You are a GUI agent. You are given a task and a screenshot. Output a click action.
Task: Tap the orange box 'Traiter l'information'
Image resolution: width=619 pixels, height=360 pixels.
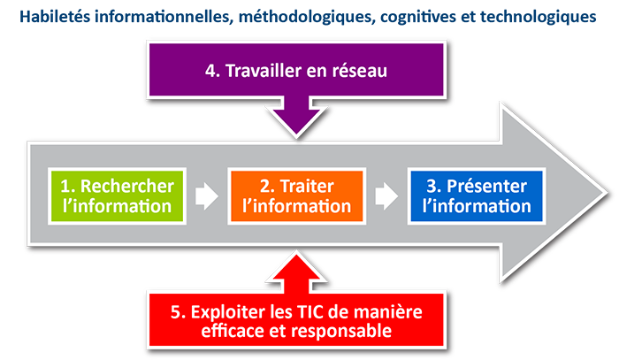point(296,195)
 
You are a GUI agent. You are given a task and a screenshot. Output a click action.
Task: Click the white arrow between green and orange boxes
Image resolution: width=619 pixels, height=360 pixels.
point(205,195)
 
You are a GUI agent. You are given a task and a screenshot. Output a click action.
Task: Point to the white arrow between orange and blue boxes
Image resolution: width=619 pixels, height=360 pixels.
point(386,195)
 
